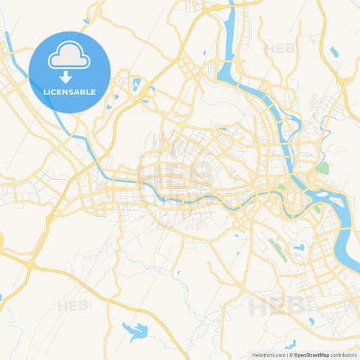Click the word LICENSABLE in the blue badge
coord(69,92)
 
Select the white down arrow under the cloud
coord(66,76)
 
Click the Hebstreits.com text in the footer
coord(268,355)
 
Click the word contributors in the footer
coord(344,355)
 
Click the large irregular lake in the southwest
coord(136,331)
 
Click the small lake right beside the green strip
coord(298,248)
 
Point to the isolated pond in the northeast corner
coord(334,51)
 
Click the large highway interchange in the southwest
coord(31,265)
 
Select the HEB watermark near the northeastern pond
coord(280,49)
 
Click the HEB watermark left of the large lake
coord(73,306)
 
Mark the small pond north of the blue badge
coord(86,21)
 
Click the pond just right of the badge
coord(136,85)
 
